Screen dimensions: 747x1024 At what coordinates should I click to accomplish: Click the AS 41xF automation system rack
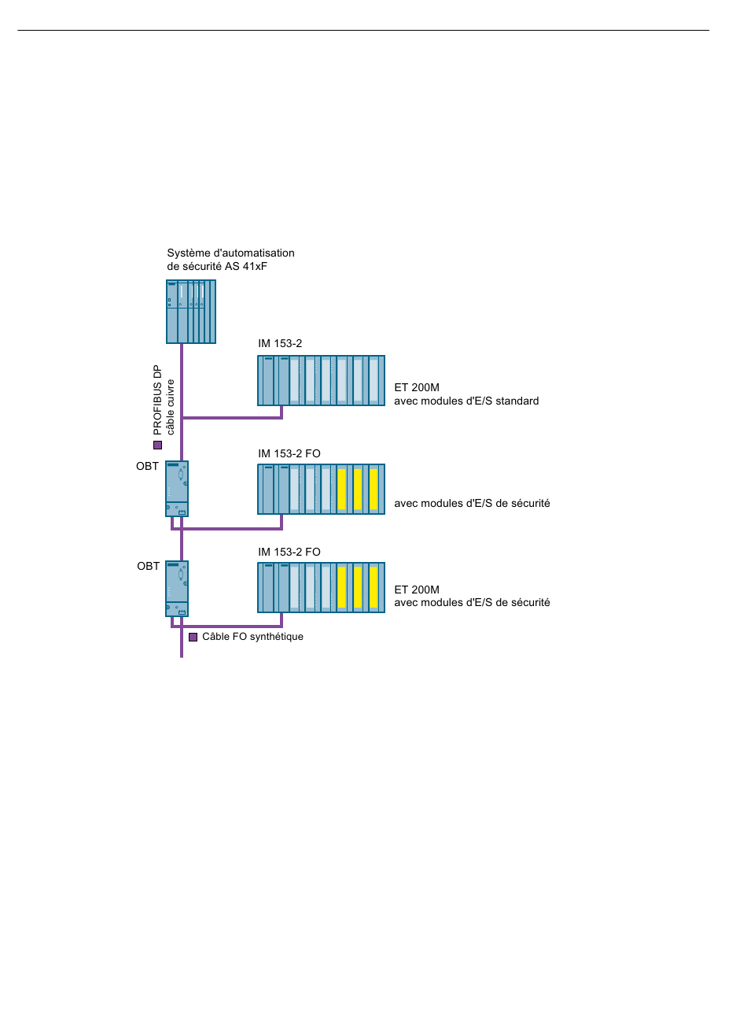click(191, 312)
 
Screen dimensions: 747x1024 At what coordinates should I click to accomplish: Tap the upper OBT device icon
click(177, 488)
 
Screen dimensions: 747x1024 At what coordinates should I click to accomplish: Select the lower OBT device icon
click(177, 588)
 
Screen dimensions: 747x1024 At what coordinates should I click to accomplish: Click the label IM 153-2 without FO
click(280, 343)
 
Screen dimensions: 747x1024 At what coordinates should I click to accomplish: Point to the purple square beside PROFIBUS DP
click(157, 445)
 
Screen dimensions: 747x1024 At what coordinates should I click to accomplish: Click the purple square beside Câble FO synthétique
click(193, 637)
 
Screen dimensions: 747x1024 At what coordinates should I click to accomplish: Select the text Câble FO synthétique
click(252, 636)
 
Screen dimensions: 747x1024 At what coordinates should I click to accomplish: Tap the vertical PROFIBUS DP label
click(157, 400)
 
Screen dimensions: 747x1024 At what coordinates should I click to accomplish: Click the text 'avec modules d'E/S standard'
click(466, 401)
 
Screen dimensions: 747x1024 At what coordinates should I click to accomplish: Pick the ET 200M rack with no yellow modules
click(321, 380)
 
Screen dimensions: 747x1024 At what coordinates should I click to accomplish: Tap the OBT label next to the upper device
click(148, 466)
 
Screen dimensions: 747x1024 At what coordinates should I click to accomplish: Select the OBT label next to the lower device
click(149, 566)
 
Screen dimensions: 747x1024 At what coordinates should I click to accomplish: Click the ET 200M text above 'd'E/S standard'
click(417, 388)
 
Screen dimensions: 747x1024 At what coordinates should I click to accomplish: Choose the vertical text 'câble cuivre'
click(171, 407)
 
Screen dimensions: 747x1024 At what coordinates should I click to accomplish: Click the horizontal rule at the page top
click(363, 31)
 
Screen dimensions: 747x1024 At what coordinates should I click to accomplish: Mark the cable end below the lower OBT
click(182, 657)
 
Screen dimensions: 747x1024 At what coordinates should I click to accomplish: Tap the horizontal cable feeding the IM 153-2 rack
click(232, 418)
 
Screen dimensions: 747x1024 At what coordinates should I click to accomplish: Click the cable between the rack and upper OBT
click(182, 402)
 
